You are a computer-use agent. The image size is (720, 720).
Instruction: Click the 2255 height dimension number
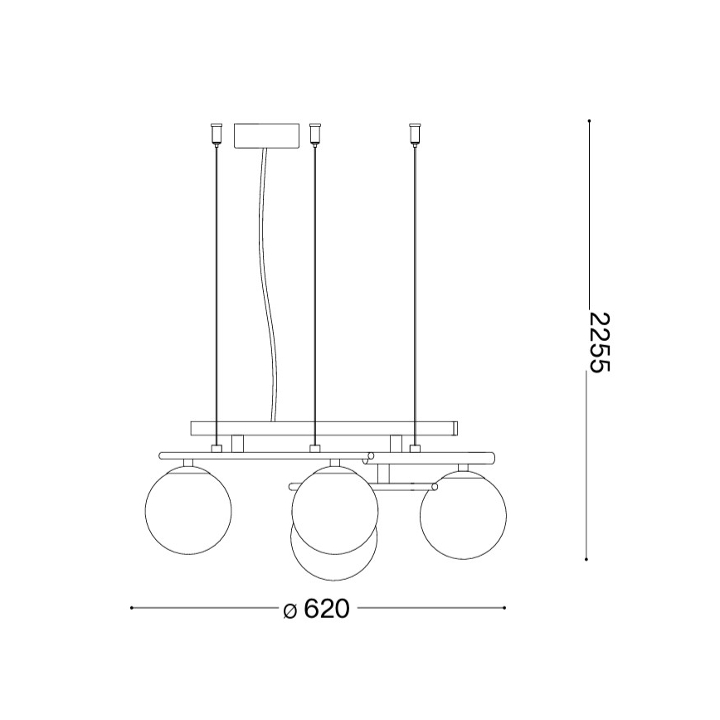pyautogui.click(x=598, y=342)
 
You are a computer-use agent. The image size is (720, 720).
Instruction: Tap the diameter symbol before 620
pyautogui.click(x=289, y=611)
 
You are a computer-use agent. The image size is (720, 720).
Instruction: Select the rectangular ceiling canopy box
pyautogui.click(x=266, y=135)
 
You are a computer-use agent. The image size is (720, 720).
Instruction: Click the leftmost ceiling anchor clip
pyautogui.click(x=216, y=133)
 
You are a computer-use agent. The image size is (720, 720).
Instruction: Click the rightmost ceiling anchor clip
pyautogui.click(x=414, y=133)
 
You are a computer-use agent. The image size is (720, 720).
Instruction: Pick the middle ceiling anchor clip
pyautogui.click(x=314, y=133)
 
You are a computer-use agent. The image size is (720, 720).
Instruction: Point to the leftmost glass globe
pyautogui.click(x=188, y=508)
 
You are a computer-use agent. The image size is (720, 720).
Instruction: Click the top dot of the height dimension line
pyautogui.click(x=588, y=122)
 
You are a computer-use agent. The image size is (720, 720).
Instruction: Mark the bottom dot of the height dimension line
pyautogui.click(x=588, y=560)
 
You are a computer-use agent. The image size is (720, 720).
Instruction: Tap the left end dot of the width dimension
pyautogui.click(x=131, y=608)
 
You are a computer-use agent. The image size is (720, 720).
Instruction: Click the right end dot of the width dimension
pyautogui.click(x=505, y=608)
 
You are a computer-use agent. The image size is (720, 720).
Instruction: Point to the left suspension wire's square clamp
pyautogui.click(x=216, y=449)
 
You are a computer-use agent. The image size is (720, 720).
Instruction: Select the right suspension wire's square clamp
pyautogui.click(x=414, y=449)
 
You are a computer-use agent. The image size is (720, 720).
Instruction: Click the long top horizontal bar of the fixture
pyautogui.click(x=324, y=428)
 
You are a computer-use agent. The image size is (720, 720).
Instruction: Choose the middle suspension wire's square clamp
pyautogui.click(x=314, y=449)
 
